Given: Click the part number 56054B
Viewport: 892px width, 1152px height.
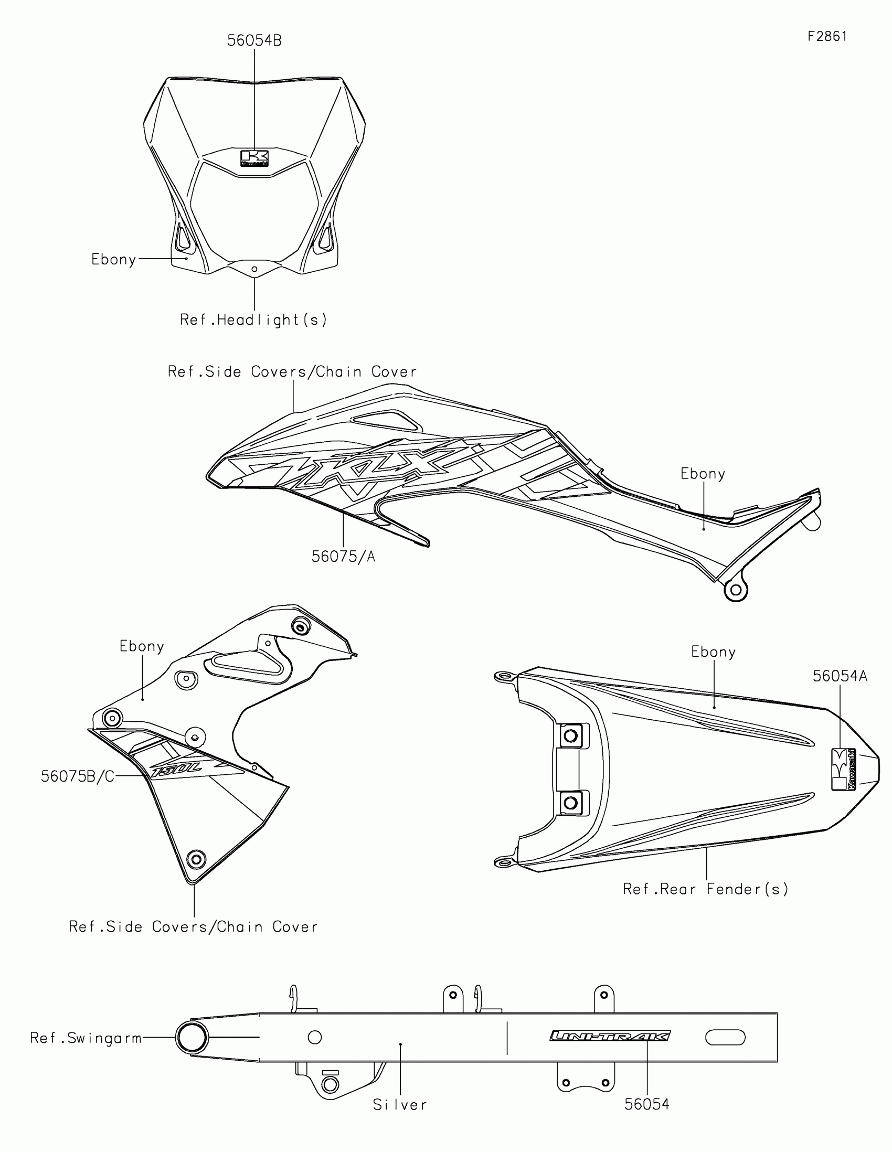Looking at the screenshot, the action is tap(254, 40).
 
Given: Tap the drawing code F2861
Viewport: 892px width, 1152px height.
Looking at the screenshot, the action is tap(827, 36).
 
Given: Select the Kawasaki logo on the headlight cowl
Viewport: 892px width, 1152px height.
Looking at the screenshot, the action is tap(254, 158).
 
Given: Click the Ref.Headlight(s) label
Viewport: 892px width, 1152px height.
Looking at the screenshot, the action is tap(254, 319).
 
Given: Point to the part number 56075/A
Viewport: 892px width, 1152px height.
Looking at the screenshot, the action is tap(343, 557).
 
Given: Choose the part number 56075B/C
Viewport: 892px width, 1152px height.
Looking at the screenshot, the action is tap(78, 776).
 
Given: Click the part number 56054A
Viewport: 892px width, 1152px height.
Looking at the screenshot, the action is tap(840, 676).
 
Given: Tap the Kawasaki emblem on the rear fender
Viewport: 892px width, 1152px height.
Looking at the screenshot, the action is tap(844, 769).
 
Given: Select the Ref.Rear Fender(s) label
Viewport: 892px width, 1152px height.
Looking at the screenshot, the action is tap(706, 889).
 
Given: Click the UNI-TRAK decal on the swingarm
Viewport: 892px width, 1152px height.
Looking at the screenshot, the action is tap(610, 1036).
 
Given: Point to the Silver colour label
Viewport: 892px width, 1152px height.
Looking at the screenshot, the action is tap(400, 1105).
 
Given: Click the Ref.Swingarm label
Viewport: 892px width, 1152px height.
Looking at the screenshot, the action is tap(86, 1038).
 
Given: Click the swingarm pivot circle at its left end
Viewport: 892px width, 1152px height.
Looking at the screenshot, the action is tap(192, 1038).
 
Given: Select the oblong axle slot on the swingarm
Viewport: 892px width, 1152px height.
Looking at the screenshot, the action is tap(725, 1038).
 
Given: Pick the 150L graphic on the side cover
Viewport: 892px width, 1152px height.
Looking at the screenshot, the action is tap(177, 771).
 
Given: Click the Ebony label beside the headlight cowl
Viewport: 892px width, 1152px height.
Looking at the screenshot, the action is tap(114, 260).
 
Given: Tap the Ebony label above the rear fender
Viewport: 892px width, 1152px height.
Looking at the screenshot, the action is tap(713, 653).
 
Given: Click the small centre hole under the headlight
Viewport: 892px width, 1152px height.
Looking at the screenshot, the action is tap(254, 269).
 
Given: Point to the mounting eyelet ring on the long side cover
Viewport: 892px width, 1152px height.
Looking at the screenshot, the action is tap(736, 590).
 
